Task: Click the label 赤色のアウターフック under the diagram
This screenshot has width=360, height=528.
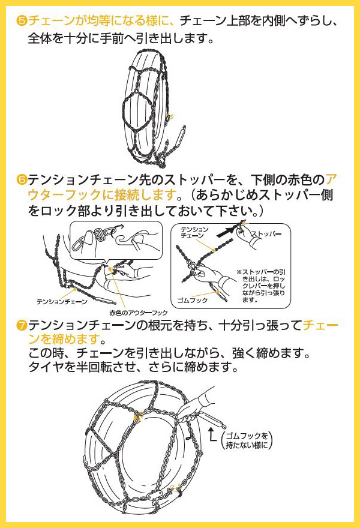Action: point(139,313)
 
